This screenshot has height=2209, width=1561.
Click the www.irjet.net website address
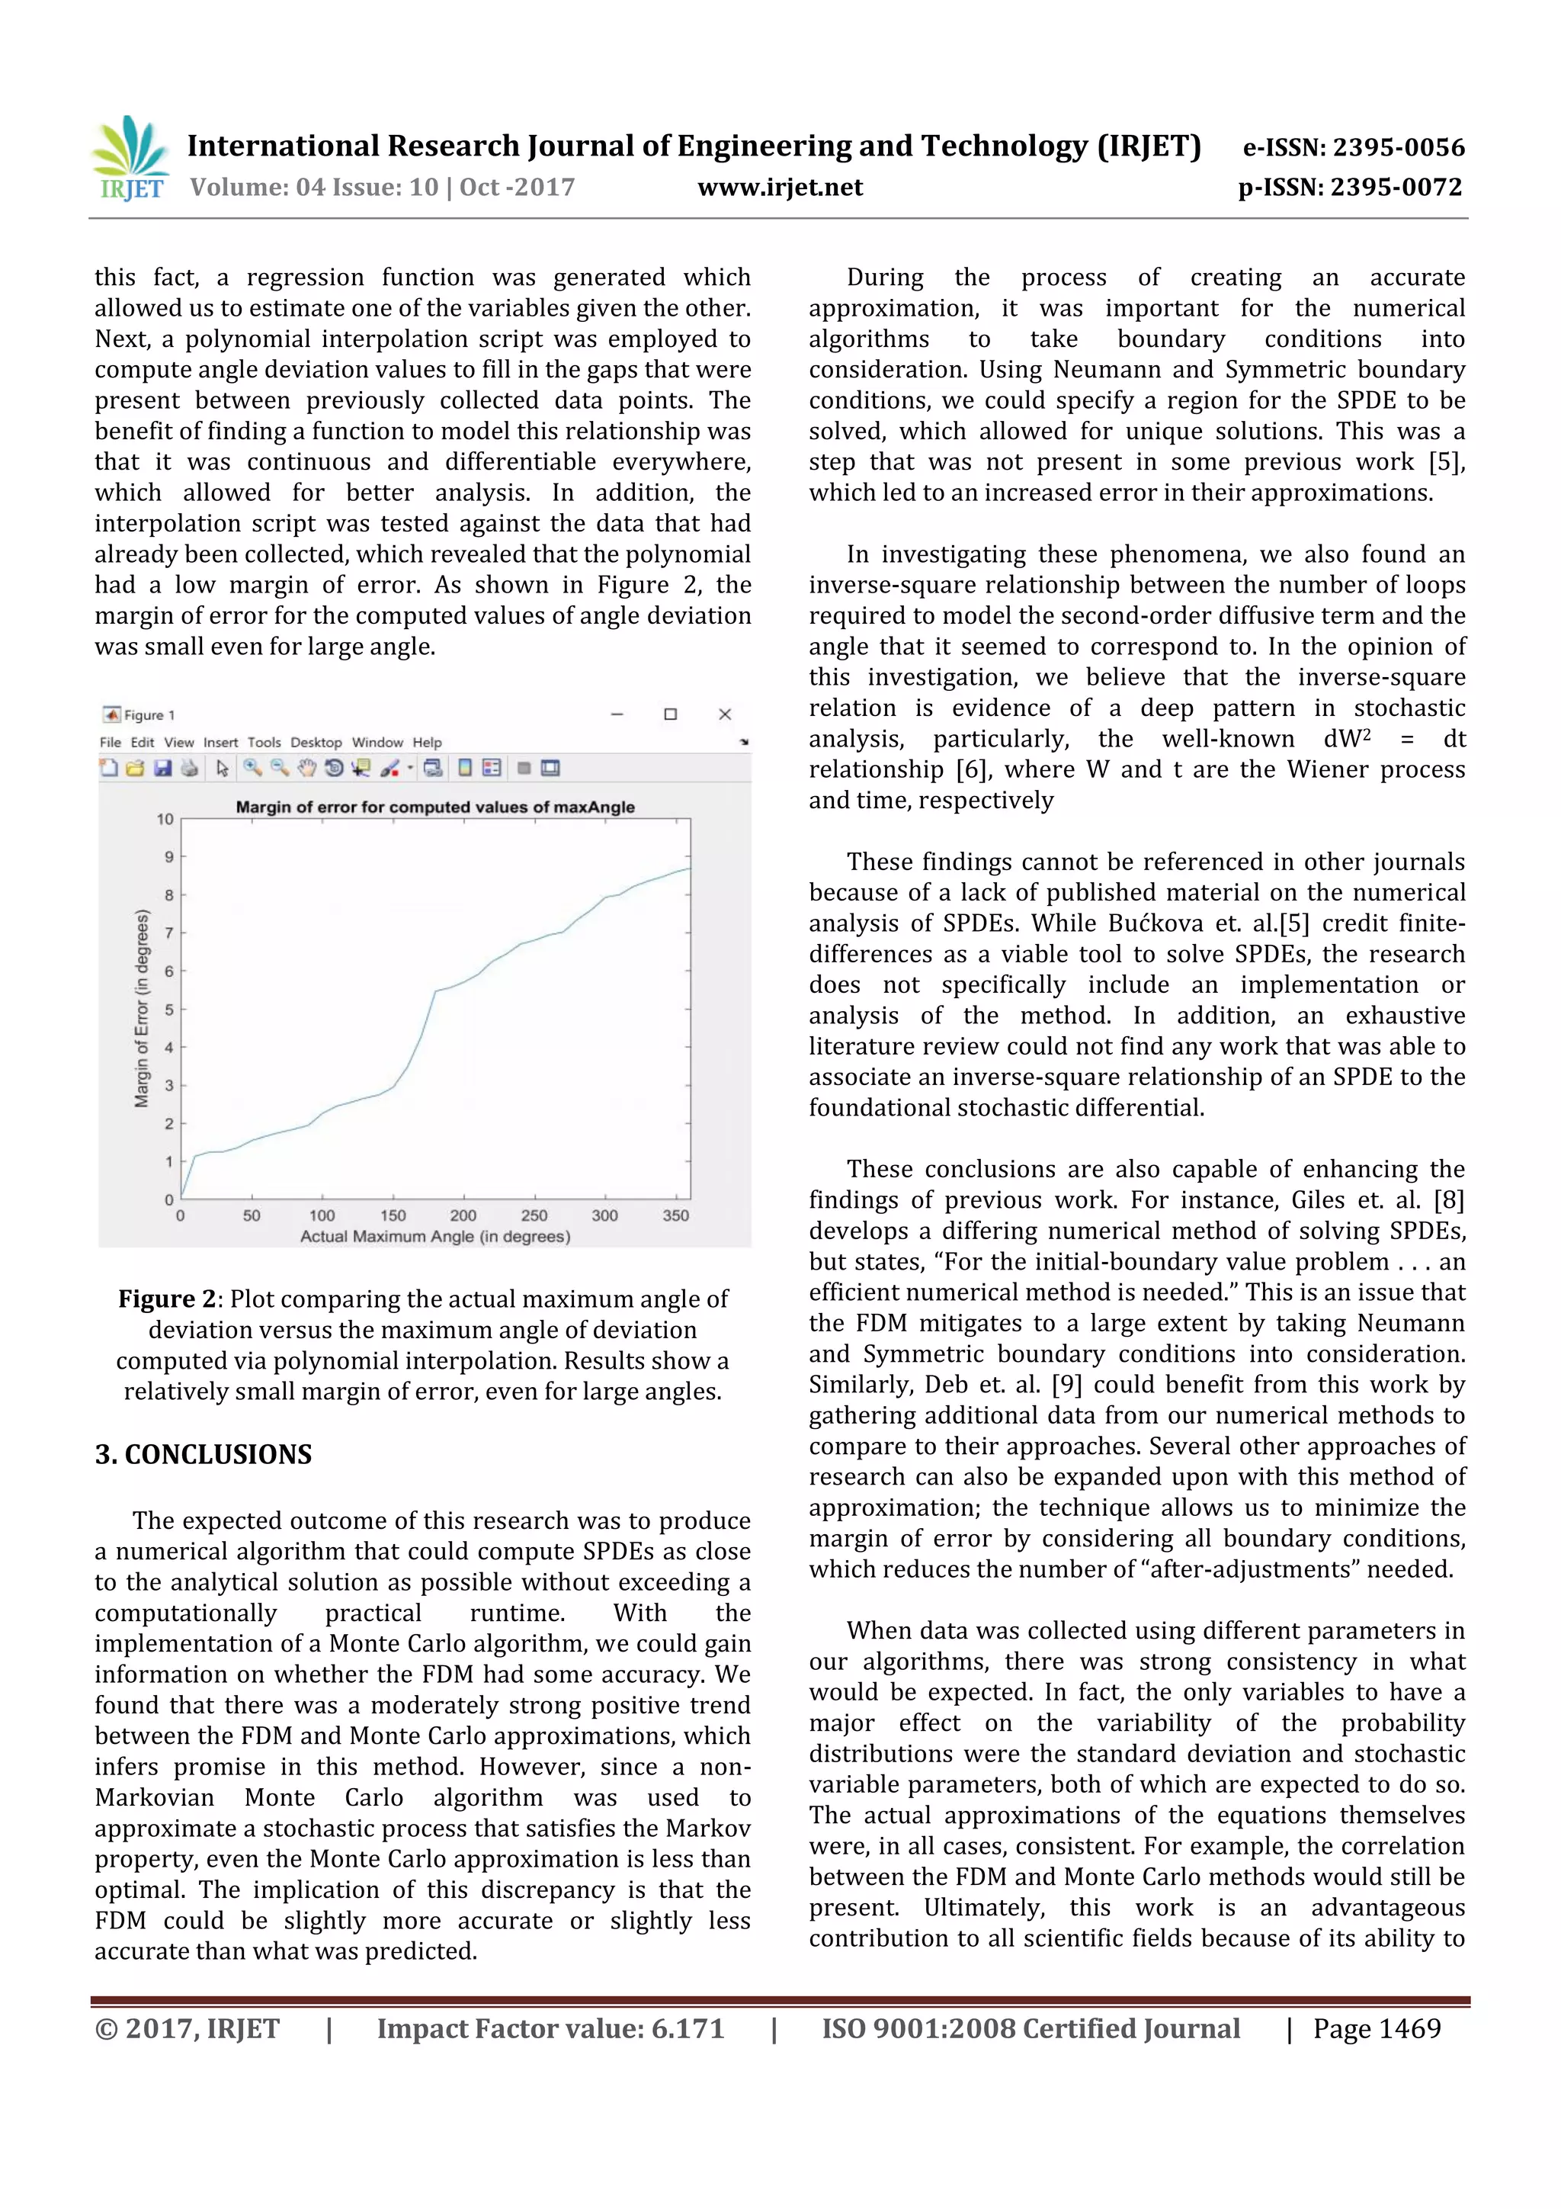click(x=780, y=187)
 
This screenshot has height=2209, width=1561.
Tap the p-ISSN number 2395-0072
click(x=1396, y=187)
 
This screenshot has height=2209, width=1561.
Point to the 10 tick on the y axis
click(x=165, y=819)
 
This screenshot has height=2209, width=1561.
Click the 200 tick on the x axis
click(x=463, y=1215)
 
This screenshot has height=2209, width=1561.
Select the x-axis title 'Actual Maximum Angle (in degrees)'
click(x=434, y=1236)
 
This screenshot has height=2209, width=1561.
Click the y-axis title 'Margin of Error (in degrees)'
click(x=143, y=1008)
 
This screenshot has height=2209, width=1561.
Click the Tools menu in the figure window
click(x=264, y=742)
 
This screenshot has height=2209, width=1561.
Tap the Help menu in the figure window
click(x=427, y=742)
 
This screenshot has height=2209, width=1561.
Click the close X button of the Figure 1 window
click(x=725, y=714)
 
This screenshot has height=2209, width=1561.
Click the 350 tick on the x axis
click(x=675, y=1215)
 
